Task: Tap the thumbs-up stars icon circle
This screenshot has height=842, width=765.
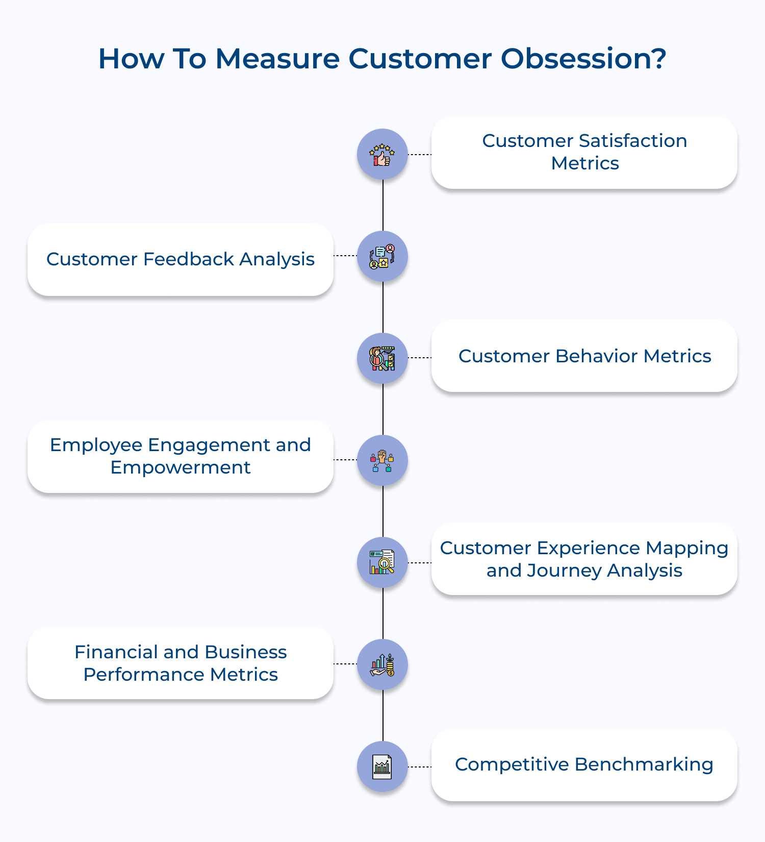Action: click(x=382, y=154)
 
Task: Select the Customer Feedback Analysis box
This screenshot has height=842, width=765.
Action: click(x=181, y=260)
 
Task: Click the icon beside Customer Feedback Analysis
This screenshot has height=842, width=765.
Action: click(x=382, y=256)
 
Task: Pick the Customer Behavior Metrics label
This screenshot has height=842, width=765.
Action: click(x=584, y=356)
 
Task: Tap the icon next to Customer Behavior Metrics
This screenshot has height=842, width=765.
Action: click(x=382, y=358)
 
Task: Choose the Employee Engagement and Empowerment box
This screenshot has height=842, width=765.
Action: click(x=181, y=457)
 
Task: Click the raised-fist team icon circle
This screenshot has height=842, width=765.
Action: click(x=382, y=460)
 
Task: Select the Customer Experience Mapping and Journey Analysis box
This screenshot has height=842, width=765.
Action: click(x=584, y=559)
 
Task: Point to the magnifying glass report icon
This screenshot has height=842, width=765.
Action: click(x=382, y=562)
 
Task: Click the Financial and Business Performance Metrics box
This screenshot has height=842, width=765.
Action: click(x=181, y=663)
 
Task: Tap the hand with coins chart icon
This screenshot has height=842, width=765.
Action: click(x=382, y=664)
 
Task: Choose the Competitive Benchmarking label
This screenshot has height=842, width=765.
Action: click(x=584, y=764)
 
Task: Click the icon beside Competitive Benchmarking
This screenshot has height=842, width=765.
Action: click(x=382, y=766)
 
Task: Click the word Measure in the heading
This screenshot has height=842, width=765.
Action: click(x=277, y=59)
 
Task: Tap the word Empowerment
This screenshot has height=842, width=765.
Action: click(x=181, y=468)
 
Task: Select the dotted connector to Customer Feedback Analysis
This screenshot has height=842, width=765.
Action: click(x=345, y=256)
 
